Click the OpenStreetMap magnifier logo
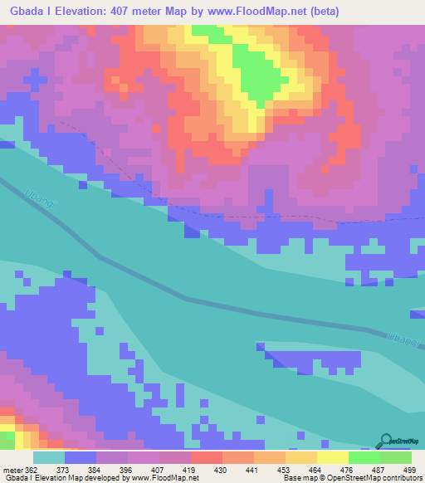click(388, 442)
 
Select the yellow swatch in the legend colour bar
click(332, 458)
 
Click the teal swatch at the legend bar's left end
click(48, 458)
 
